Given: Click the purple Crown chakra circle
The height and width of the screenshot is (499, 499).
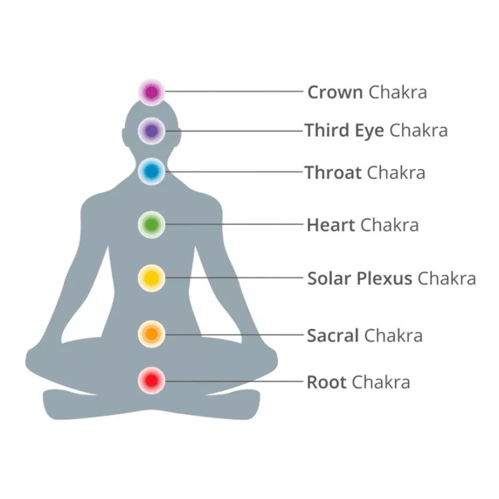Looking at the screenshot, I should click(x=151, y=92).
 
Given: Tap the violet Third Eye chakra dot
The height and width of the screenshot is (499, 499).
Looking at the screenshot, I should click(x=151, y=131).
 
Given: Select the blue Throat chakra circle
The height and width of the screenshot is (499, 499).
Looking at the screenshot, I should click(x=151, y=172).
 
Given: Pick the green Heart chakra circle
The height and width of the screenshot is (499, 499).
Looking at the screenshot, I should click(x=151, y=224).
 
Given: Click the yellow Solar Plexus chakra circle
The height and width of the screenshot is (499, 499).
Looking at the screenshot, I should click(x=151, y=277).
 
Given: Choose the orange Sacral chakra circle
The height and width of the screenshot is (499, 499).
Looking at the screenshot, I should click(x=151, y=334).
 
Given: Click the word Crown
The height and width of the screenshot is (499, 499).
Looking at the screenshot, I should click(x=335, y=93).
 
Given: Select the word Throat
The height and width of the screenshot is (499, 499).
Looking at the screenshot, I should click(x=333, y=172).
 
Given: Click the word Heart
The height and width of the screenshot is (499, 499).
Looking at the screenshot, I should click(x=331, y=225).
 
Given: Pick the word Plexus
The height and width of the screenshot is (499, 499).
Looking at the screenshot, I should click(x=384, y=278).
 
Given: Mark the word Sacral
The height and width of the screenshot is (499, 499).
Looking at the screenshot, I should click(x=332, y=336).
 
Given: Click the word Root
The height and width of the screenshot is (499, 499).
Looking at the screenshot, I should click(x=326, y=381).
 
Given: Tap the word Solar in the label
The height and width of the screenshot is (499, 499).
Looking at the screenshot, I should click(x=329, y=278).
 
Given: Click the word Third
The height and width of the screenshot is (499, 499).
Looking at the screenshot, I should click(x=327, y=131).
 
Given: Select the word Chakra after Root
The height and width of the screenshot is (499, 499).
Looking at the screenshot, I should click(x=380, y=381).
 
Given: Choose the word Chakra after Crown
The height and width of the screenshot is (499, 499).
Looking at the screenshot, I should click(x=397, y=93).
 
